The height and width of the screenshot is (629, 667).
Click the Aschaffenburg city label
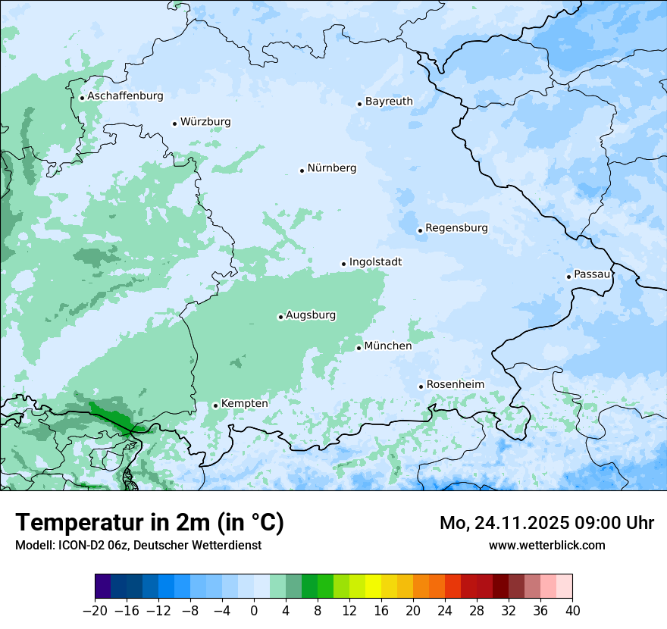click(x=125, y=96)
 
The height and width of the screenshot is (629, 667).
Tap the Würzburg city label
click(x=205, y=122)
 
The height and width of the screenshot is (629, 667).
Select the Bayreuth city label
click(x=389, y=102)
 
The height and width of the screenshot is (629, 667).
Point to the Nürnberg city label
click(x=331, y=168)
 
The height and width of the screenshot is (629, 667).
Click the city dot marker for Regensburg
click(x=420, y=230)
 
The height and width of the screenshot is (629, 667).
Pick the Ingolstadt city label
click(x=375, y=262)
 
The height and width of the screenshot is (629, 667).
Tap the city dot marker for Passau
click(x=568, y=277)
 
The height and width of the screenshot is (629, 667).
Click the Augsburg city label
click(x=311, y=315)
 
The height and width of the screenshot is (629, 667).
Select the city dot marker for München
click(x=359, y=348)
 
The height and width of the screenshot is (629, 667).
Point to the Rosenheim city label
click(x=455, y=385)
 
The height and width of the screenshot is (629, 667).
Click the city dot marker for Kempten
click(x=215, y=405)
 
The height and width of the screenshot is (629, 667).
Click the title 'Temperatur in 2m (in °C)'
click(x=149, y=523)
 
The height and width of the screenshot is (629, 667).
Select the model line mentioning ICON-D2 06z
click(x=138, y=546)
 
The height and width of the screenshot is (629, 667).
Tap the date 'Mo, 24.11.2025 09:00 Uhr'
click(x=546, y=523)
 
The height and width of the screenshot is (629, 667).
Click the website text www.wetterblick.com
click(x=546, y=546)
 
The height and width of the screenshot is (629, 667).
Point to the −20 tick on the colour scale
click(x=95, y=611)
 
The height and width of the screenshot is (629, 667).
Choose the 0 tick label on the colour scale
click(x=254, y=611)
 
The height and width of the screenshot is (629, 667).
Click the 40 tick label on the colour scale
click(x=572, y=611)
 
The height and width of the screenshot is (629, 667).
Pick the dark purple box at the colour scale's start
click(x=102, y=587)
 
